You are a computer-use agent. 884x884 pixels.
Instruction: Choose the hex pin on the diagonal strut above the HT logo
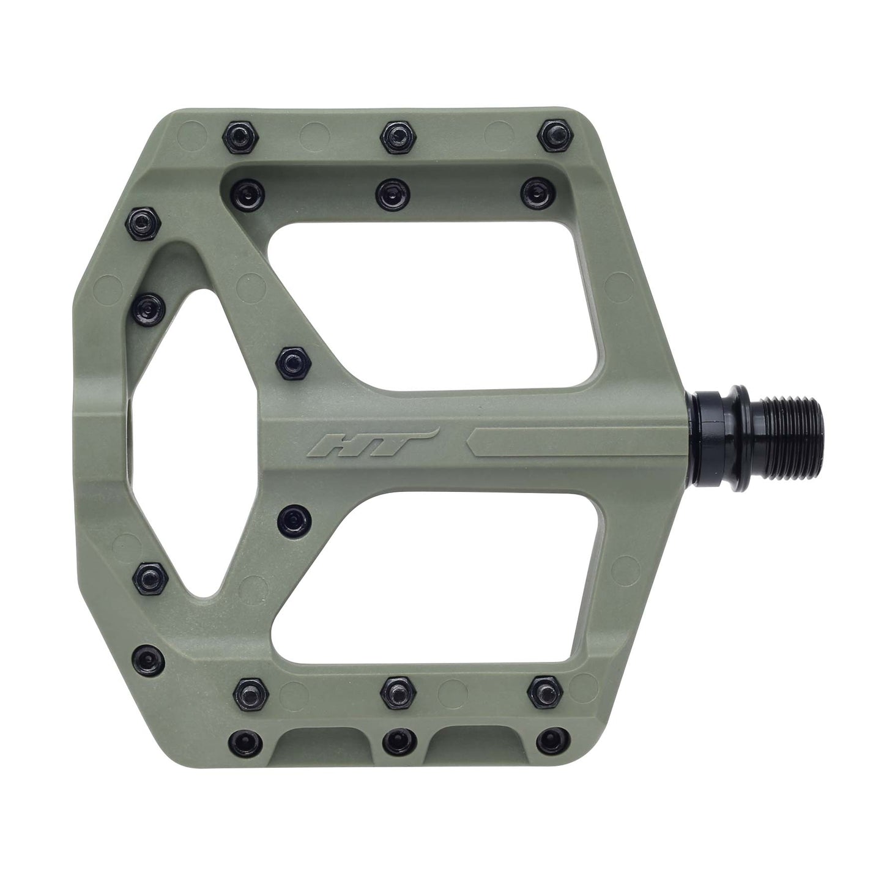click(292, 362)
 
